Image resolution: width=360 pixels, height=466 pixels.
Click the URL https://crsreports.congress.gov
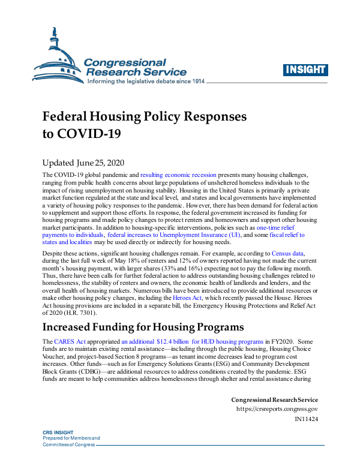click(x=277, y=410)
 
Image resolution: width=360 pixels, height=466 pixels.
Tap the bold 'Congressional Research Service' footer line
click(x=274, y=400)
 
